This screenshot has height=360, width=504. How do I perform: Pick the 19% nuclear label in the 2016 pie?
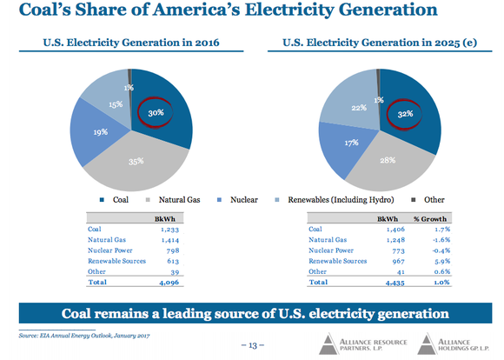pyautogui.click(x=102, y=133)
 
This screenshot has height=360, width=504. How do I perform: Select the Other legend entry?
pyautogui.click(x=431, y=199)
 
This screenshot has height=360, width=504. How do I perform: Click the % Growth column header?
pyautogui.click(x=443, y=217)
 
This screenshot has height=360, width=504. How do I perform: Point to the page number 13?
pyautogui.click(x=252, y=345)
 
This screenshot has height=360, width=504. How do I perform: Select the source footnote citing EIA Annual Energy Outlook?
pyautogui.click(x=83, y=334)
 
